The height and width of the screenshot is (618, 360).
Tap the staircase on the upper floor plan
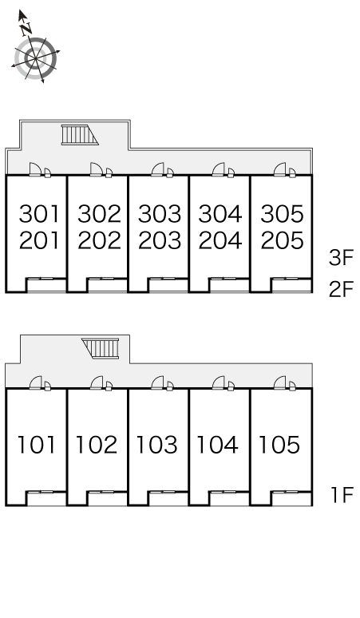(79, 135)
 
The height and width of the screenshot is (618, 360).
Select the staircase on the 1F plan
(101, 348)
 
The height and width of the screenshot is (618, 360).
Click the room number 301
(39, 214)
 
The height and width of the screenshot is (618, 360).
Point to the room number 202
(99, 240)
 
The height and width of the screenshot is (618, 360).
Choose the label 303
(160, 214)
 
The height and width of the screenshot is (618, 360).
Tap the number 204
(220, 240)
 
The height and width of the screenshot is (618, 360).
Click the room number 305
(282, 214)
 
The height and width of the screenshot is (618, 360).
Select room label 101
(36, 445)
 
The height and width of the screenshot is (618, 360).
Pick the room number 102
(97, 445)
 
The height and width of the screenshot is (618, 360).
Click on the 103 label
(156, 445)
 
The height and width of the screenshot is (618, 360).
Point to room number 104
(217, 445)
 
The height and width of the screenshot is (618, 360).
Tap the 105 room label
(279, 445)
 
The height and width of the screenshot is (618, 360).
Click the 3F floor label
(342, 258)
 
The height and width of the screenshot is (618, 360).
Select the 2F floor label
(342, 290)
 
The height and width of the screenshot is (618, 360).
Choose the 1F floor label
(342, 494)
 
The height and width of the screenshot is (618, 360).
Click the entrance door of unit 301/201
(35, 169)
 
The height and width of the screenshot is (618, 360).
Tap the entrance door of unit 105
(279, 382)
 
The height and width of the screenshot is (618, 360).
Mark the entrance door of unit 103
(157, 382)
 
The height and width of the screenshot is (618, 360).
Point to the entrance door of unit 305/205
(279, 169)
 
